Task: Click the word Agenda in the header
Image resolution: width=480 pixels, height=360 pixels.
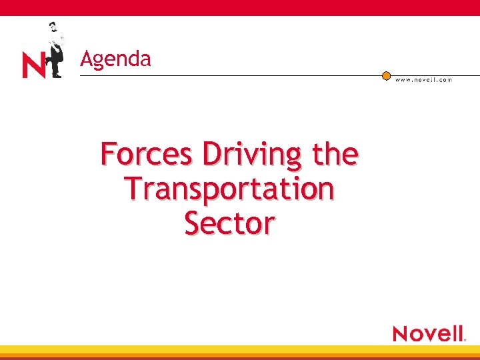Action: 115,59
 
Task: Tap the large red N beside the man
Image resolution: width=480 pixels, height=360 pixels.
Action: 34,66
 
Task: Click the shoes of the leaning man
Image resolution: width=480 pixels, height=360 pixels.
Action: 55,75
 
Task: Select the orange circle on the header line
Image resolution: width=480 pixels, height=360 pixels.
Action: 386,75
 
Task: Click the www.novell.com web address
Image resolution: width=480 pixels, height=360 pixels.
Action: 423,80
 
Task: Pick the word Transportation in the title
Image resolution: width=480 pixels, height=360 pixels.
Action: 229,189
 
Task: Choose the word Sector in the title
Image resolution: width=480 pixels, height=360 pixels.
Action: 229,223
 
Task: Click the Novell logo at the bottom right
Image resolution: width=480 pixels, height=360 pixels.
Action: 428,333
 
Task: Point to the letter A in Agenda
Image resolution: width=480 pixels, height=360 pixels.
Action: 86,59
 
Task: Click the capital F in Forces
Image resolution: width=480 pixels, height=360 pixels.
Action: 109,154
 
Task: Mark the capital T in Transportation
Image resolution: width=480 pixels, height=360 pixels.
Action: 133,189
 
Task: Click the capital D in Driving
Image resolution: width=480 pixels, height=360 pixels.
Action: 213,154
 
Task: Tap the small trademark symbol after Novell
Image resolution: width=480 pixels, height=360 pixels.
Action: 464,339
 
